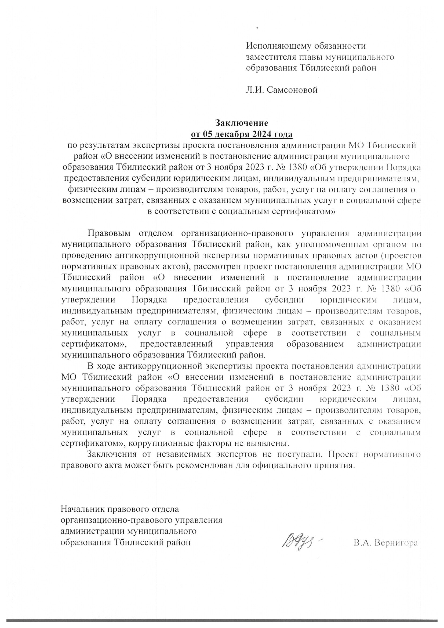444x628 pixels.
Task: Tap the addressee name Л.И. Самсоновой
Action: point(282,90)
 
